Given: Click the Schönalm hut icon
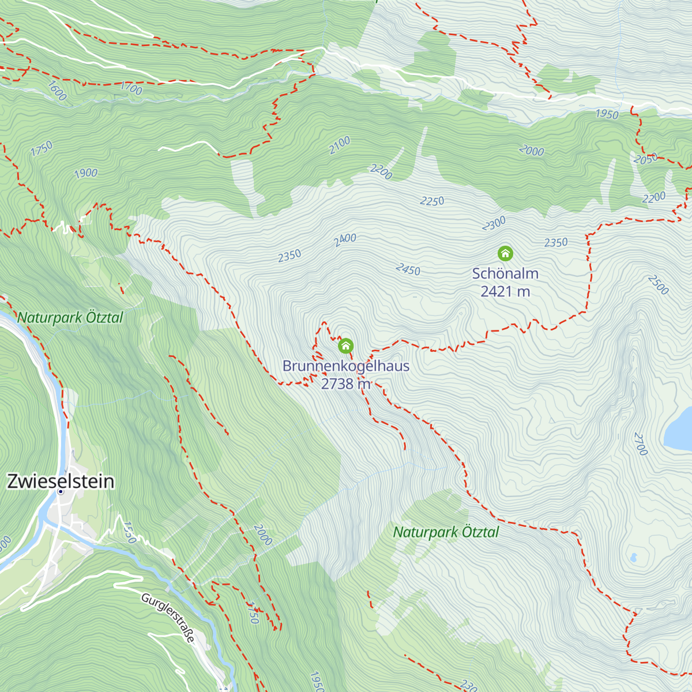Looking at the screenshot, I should (505, 253).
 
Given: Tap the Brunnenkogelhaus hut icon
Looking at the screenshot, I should (345, 346).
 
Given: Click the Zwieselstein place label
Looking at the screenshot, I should (61, 481).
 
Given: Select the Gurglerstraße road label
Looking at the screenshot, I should (168, 618).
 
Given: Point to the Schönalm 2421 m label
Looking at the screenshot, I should (505, 282).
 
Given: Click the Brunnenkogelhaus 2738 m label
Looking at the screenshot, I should (346, 374).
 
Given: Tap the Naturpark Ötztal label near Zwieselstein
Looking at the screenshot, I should (70, 317).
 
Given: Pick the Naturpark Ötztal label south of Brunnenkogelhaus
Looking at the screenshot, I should (446, 532).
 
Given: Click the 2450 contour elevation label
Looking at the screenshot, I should (408, 269).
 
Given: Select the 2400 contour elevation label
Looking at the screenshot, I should (345, 239).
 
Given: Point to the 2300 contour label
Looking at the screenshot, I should (494, 223).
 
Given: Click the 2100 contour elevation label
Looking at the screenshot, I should (340, 145).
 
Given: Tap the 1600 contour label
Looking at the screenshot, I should (57, 91).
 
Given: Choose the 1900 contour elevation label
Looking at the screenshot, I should (86, 173).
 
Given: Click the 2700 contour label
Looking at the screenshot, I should (641, 443).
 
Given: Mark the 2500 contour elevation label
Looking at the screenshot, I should (658, 284).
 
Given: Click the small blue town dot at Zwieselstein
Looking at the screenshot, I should (61, 491).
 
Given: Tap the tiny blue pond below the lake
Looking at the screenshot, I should (634, 558).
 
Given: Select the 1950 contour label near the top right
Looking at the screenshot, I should (607, 114).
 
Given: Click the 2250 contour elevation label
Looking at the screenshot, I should (432, 201).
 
